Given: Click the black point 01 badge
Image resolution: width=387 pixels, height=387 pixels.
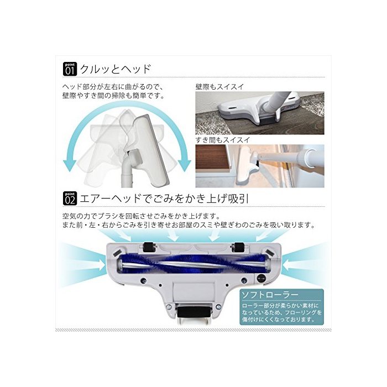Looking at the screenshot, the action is pos(70,69).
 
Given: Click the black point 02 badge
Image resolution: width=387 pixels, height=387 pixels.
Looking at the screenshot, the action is pos(70,198).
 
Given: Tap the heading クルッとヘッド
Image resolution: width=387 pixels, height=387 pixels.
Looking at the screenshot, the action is pos(115,69).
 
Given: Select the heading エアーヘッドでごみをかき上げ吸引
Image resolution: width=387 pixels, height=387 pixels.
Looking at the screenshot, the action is pos(164,198).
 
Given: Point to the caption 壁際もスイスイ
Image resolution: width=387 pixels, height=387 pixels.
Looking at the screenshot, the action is pos(219,87).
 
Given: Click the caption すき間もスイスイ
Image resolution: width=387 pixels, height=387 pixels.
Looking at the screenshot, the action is pos(223,140).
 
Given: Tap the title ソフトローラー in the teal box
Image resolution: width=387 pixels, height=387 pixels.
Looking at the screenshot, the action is pos(270,295).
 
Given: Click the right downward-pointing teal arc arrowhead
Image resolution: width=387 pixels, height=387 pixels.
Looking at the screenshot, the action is pos(184,165).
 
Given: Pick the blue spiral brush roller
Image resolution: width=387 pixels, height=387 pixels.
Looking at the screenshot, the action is pos(193,264).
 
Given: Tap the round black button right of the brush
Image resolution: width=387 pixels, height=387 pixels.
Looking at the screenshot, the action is pos(260,278).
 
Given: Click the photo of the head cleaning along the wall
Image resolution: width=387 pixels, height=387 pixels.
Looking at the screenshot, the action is pos(260,113).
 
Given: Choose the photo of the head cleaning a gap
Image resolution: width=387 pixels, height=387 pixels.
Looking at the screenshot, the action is pos(260,166).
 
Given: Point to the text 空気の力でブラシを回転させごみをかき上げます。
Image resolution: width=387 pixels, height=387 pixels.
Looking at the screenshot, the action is pos(141,217).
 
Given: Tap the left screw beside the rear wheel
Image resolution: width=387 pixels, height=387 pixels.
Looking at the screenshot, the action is pos(169,307).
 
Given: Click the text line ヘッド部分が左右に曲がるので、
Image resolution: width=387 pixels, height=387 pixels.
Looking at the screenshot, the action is pos(113,87).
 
